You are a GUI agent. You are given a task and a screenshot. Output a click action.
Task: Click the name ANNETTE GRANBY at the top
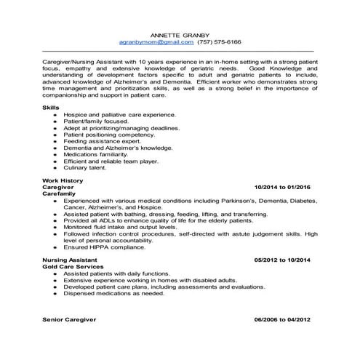click(180, 34)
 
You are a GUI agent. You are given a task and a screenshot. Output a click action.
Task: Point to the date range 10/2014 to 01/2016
click(282, 187)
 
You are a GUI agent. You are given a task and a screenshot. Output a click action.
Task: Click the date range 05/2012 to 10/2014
click(282, 260)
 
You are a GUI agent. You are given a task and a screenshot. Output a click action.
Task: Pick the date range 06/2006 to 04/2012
click(282, 319)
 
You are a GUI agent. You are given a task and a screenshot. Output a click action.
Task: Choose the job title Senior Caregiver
click(69, 319)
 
